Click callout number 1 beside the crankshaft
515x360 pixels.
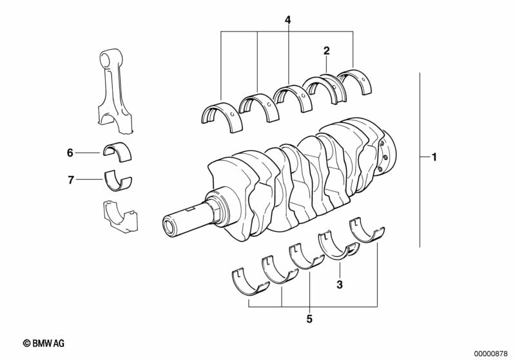(x=434, y=156)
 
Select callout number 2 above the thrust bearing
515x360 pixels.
(x=327, y=50)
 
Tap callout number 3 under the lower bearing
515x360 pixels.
(x=339, y=283)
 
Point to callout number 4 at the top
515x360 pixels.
(x=287, y=21)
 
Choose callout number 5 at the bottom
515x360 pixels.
(x=309, y=319)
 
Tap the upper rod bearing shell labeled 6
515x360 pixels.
(x=118, y=151)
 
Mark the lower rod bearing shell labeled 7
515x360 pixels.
(x=118, y=180)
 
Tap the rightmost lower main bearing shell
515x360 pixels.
(x=365, y=231)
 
